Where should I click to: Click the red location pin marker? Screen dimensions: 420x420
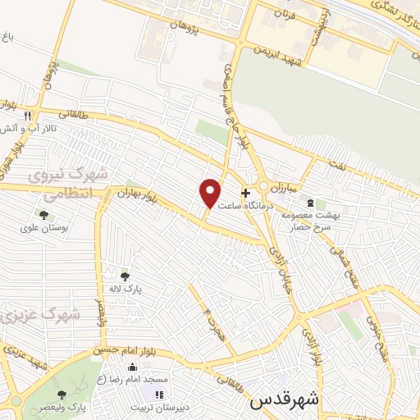[x=210, y=192]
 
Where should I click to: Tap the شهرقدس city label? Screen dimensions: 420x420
[x=283, y=401]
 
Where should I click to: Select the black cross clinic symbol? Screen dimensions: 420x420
[x=245, y=192]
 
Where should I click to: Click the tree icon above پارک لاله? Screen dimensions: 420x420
[x=125, y=276]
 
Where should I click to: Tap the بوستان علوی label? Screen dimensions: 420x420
[x=43, y=228]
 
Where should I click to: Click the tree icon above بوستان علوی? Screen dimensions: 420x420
[x=43, y=215]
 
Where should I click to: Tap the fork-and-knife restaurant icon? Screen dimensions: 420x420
[x=27, y=116]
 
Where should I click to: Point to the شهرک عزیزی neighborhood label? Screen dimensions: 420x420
[x=39, y=314]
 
